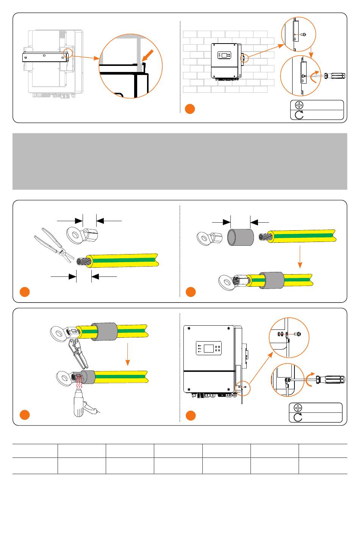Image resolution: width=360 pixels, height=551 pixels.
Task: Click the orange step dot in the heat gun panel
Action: point(25,415)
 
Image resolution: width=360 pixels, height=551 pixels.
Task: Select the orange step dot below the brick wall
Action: point(190,109)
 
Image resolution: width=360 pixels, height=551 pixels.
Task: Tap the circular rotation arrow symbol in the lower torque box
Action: point(298,417)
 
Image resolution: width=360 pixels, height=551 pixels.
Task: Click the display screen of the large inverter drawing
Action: point(208,348)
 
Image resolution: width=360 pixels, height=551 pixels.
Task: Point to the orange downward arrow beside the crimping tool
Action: point(128,354)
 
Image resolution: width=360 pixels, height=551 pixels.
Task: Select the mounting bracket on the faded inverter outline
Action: point(45,57)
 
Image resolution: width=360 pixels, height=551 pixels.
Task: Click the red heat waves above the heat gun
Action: point(79,383)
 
